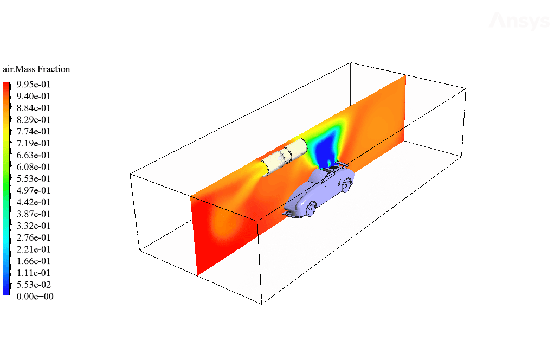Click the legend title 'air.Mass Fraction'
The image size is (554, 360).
tap(36, 69)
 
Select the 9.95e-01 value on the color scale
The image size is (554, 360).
tap(34, 84)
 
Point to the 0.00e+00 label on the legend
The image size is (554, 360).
tap(35, 296)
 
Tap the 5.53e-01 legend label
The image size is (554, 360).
tap(34, 178)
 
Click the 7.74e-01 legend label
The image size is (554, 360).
tap(34, 131)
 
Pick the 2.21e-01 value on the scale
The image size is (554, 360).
tap(34, 249)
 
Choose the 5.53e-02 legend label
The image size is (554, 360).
tap(34, 285)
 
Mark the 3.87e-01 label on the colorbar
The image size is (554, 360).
tap(34, 214)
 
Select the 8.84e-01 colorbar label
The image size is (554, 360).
tap(34, 108)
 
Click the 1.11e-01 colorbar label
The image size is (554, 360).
tap(34, 273)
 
